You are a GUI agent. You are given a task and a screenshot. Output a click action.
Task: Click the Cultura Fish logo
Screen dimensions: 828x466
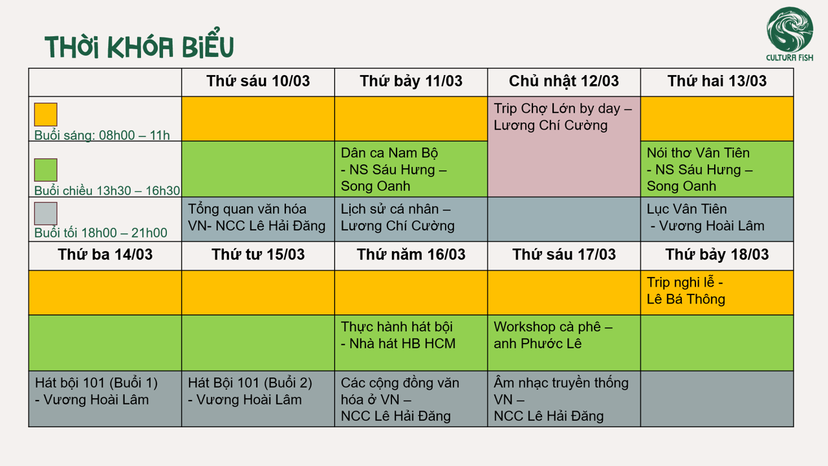tap(790, 34)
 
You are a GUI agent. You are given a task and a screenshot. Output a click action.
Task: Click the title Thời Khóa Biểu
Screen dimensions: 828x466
tap(139, 44)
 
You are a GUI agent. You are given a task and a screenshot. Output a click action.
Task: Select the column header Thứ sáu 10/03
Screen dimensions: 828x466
tap(258, 82)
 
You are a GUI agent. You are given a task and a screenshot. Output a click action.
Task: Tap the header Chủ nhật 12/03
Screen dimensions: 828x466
tap(563, 82)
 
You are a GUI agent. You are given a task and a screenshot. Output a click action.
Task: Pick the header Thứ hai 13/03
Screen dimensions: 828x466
tap(717, 82)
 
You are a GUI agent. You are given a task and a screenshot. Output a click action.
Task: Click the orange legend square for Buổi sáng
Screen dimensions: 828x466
tap(46, 115)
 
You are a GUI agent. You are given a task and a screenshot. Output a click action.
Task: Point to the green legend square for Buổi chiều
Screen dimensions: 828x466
tap(46, 170)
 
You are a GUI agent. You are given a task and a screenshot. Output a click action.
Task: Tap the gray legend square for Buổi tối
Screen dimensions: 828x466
tap(46, 214)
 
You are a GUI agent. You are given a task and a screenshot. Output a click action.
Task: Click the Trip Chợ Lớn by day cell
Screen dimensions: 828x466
tap(563, 146)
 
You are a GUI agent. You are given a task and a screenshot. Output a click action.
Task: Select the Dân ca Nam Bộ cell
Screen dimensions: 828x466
tap(411, 169)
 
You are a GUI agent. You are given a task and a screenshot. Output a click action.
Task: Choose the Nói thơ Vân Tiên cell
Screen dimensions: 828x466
tap(717, 169)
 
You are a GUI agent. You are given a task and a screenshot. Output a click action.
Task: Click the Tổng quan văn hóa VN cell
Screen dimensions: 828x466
tap(258, 219)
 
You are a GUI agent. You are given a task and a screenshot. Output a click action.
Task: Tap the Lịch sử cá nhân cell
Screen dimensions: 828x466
tap(411, 219)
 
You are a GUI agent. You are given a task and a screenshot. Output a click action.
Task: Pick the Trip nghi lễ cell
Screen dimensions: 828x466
tap(717, 293)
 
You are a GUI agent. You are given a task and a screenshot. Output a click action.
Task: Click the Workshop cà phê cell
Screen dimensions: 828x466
tap(563, 343)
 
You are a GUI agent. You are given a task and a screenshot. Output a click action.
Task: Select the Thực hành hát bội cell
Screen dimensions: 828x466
tap(411, 343)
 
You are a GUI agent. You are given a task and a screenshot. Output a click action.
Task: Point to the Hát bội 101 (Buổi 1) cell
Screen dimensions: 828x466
tap(105, 399)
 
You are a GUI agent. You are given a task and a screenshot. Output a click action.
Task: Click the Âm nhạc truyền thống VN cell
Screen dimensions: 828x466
tap(563, 399)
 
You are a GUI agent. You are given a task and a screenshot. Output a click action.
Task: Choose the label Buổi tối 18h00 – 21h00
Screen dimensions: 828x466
tap(100, 233)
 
